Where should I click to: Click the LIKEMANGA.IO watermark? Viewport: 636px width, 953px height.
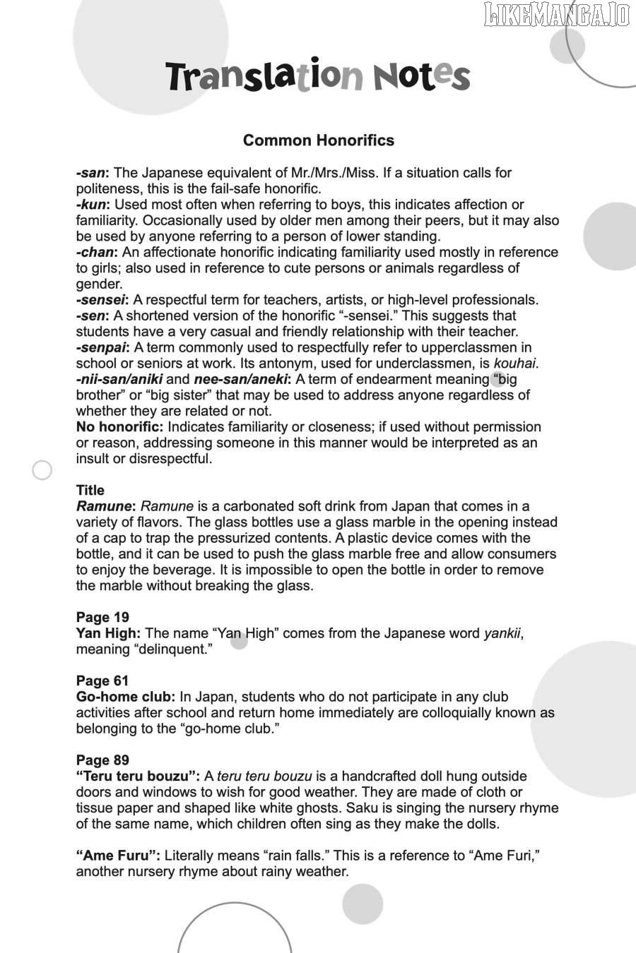click(x=557, y=14)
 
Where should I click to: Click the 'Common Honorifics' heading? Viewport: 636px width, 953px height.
click(x=318, y=140)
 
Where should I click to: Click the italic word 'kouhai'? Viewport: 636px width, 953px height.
click(x=514, y=364)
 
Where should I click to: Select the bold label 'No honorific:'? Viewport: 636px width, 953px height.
click(x=119, y=427)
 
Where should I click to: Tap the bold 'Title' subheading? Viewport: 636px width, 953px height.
click(x=90, y=490)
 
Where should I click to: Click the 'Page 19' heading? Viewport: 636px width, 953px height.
click(x=102, y=617)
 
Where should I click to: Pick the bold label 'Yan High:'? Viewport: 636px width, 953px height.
click(x=108, y=633)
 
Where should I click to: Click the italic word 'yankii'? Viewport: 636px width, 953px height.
click(x=502, y=633)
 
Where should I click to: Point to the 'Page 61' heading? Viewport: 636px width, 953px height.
click(x=102, y=681)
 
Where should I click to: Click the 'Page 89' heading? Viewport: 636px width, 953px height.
click(x=102, y=760)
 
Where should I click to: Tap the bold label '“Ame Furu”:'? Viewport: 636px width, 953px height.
click(x=118, y=856)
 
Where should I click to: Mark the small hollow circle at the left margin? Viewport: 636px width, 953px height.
click(x=42, y=470)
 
